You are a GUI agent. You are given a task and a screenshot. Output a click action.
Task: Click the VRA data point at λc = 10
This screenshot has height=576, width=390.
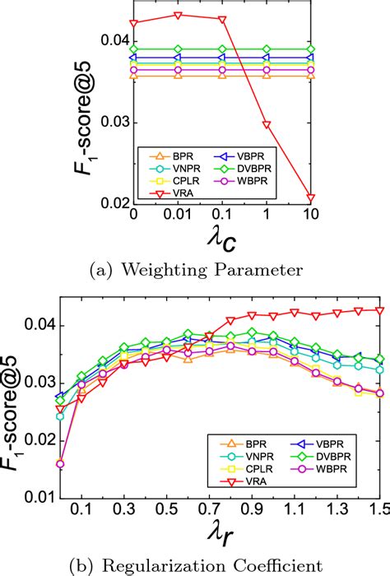pos(310,197)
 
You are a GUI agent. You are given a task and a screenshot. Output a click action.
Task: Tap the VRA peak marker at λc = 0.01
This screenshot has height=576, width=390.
pos(178,15)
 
